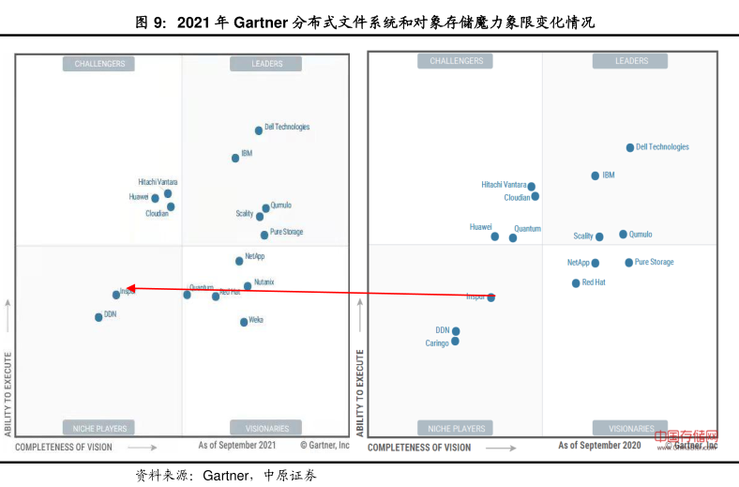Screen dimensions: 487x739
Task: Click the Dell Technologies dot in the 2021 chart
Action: pos(259,130)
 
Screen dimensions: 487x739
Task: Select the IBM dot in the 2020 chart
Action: pos(595,175)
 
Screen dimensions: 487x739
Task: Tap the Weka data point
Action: pos(244,322)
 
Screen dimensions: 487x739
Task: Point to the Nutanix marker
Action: pos(248,286)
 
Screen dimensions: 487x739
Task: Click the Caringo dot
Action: pos(455,342)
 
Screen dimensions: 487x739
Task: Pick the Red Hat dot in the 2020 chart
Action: pos(576,282)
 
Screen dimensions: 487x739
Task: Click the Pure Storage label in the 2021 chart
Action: pos(286,232)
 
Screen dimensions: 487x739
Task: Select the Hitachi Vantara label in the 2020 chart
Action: pos(504,185)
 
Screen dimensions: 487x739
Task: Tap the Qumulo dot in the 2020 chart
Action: pos(623,235)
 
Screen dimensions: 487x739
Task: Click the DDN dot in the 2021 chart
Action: pos(98,317)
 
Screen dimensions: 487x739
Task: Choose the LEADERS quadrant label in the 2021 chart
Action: pos(267,64)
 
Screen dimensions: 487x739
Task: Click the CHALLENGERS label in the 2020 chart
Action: pos(456,61)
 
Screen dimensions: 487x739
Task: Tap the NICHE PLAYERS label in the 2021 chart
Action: pos(98,428)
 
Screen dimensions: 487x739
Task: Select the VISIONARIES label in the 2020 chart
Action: pos(631,428)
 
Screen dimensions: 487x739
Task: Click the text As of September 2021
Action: pos(237,446)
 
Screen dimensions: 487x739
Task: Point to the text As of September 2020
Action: pos(599,446)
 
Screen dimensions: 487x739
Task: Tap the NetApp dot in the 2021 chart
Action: pos(239,260)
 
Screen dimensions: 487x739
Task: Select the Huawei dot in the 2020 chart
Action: pos(494,236)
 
